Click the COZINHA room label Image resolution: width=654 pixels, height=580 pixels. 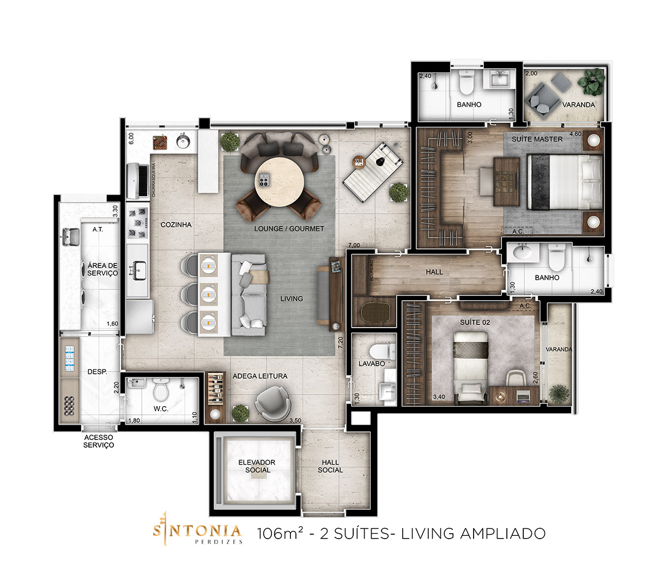(176, 225)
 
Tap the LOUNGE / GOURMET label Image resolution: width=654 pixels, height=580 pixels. (289, 228)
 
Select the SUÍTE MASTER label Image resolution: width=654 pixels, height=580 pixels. (537, 139)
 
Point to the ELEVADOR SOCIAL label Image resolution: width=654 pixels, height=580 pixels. (257, 466)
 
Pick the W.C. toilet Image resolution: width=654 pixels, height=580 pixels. (161, 389)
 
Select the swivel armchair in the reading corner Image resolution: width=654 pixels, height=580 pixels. (273, 404)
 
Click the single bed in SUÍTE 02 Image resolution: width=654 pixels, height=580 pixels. (470, 368)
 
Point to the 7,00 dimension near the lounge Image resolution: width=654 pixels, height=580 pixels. (354, 245)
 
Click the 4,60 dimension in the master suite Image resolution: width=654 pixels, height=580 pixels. (575, 134)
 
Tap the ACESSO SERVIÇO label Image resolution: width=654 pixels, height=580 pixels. (99, 441)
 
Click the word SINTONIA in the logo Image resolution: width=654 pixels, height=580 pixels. (197, 530)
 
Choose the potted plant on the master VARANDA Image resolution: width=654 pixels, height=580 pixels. (591, 82)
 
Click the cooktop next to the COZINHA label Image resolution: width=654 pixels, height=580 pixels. (138, 223)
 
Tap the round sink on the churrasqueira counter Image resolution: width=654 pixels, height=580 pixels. (183, 141)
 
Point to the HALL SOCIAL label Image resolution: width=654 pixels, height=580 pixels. (330, 466)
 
